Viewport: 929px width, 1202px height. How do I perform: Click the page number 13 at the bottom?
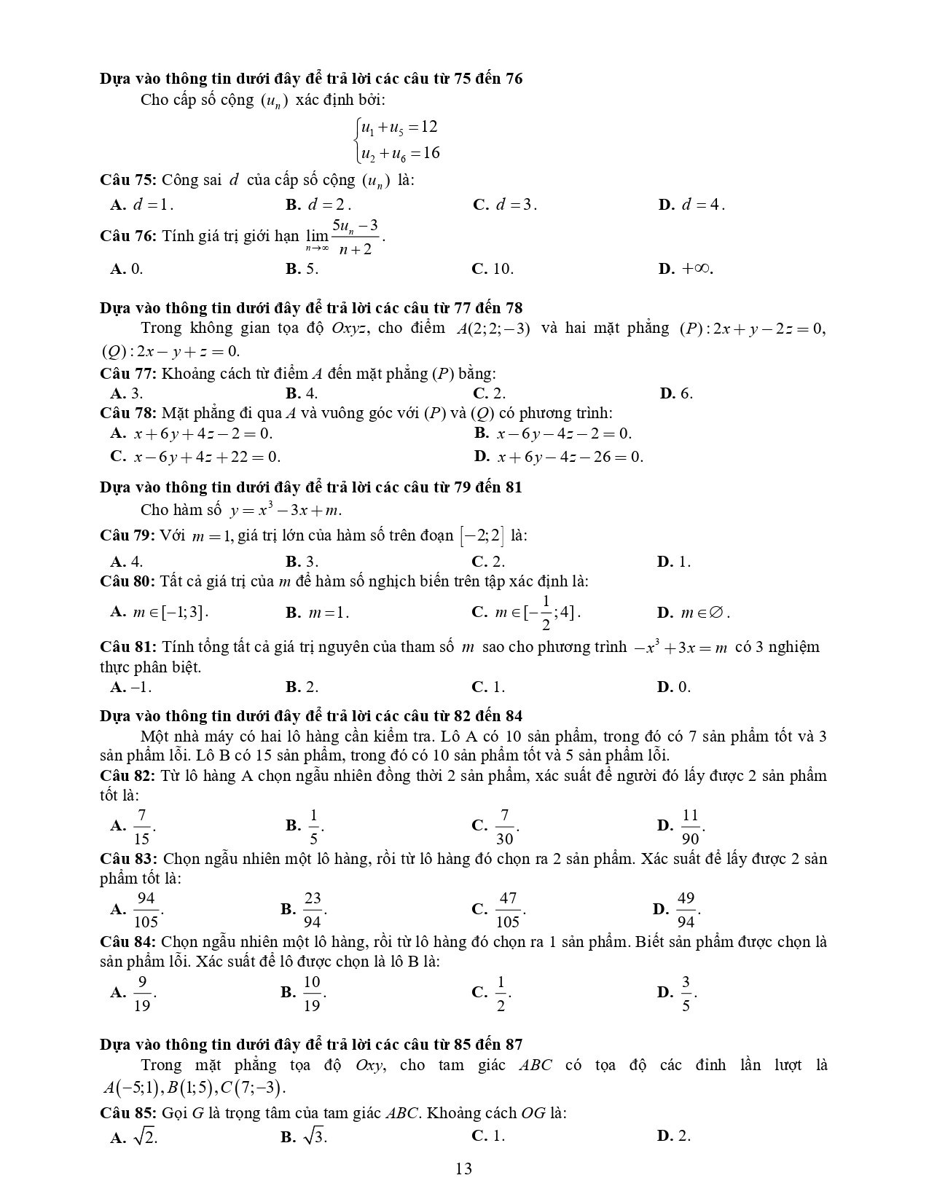click(x=463, y=1169)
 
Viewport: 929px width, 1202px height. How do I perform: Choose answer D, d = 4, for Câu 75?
click(x=692, y=205)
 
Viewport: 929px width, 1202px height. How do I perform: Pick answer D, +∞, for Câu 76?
click(x=686, y=269)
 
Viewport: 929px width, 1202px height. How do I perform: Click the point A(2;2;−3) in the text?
click(x=493, y=328)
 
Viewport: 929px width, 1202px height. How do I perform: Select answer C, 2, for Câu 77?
click(x=490, y=393)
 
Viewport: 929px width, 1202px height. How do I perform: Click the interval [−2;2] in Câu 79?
click(x=481, y=536)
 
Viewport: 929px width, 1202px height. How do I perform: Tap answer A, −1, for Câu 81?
click(x=132, y=687)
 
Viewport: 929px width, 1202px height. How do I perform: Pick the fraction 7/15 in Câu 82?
click(x=141, y=826)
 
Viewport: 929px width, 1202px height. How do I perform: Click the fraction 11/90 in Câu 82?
click(x=690, y=826)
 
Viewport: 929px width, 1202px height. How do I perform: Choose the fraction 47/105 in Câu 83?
click(x=508, y=910)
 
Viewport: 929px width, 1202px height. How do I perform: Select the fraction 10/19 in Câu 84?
click(x=312, y=993)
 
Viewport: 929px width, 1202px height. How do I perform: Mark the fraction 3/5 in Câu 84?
click(x=686, y=993)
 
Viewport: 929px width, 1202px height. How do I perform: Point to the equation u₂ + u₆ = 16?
click(x=400, y=153)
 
